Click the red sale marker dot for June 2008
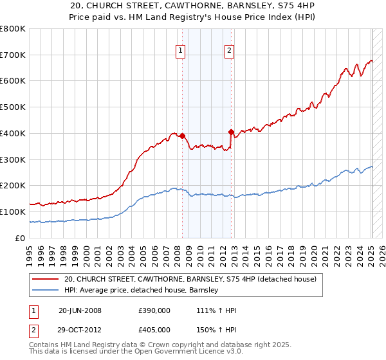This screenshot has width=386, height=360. click(x=182, y=136)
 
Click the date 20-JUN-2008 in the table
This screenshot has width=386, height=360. click(x=80, y=310)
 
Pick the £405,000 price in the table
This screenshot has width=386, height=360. click(x=154, y=331)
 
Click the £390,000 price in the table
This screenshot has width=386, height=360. click(x=154, y=310)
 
